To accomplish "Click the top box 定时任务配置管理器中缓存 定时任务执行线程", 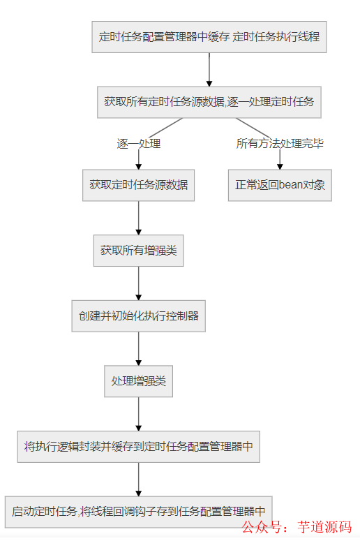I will (209, 36).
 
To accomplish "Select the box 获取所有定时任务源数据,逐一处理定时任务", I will (209, 101).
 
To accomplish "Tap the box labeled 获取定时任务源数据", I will (138, 185).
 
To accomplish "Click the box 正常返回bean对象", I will (280, 185).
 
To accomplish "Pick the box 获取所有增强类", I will (138, 250).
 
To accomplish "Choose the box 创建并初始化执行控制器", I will (138, 316).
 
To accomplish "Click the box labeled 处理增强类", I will (138, 381).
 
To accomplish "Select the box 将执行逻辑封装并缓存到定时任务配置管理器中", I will (138, 446).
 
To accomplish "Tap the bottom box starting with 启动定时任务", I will (138, 511).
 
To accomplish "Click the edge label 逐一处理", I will (138, 144).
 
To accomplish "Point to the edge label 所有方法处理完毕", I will (280, 144).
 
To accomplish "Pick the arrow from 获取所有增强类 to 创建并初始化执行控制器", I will (138, 283).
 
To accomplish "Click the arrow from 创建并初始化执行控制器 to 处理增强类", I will (138, 348).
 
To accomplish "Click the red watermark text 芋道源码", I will (324, 526).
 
